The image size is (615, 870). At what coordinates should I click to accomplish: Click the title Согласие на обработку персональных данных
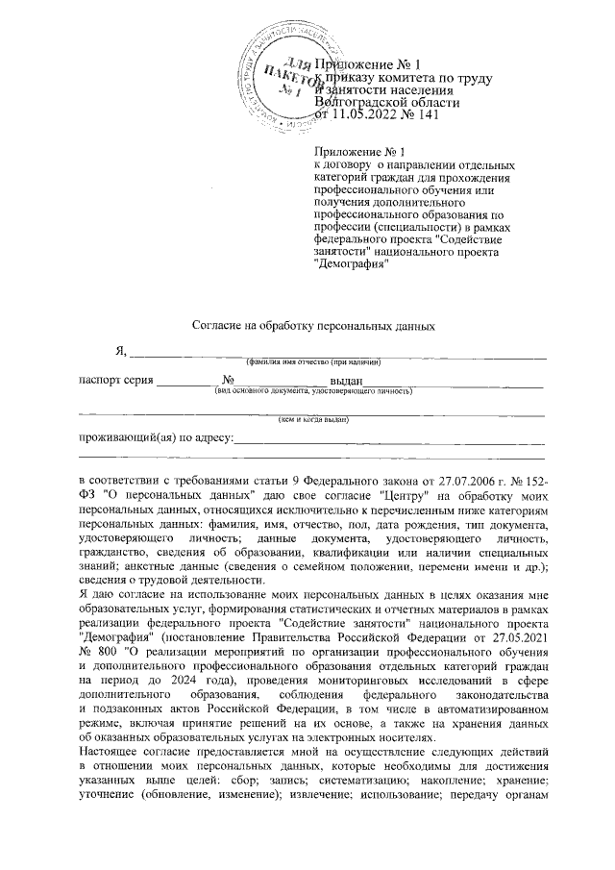308,326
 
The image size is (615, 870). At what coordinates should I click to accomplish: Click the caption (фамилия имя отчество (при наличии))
313,362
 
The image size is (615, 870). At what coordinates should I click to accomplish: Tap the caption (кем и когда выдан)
313,420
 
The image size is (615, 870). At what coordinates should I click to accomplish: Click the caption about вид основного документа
313,391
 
